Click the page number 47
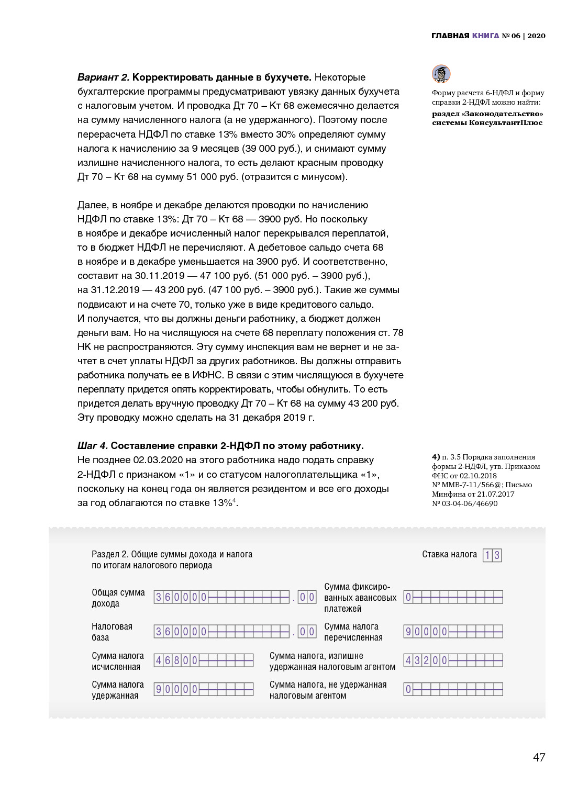[539, 757]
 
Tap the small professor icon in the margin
[441, 74]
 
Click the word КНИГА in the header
[485, 36]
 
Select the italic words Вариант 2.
[103, 77]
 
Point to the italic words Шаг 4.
[93, 446]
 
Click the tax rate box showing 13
[492, 555]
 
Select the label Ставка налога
[449, 554]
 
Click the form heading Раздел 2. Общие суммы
[172, 554]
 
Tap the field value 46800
[176, 660]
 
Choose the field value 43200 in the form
[426, 660]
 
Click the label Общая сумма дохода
[118, 598]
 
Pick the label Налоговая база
[112, 632]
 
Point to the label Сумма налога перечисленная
[353, 632]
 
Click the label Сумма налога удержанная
[117, 690]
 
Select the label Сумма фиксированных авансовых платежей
[360, 598]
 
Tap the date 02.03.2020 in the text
[158, 460]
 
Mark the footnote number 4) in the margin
[436, 457]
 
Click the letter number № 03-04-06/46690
[464, 503]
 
